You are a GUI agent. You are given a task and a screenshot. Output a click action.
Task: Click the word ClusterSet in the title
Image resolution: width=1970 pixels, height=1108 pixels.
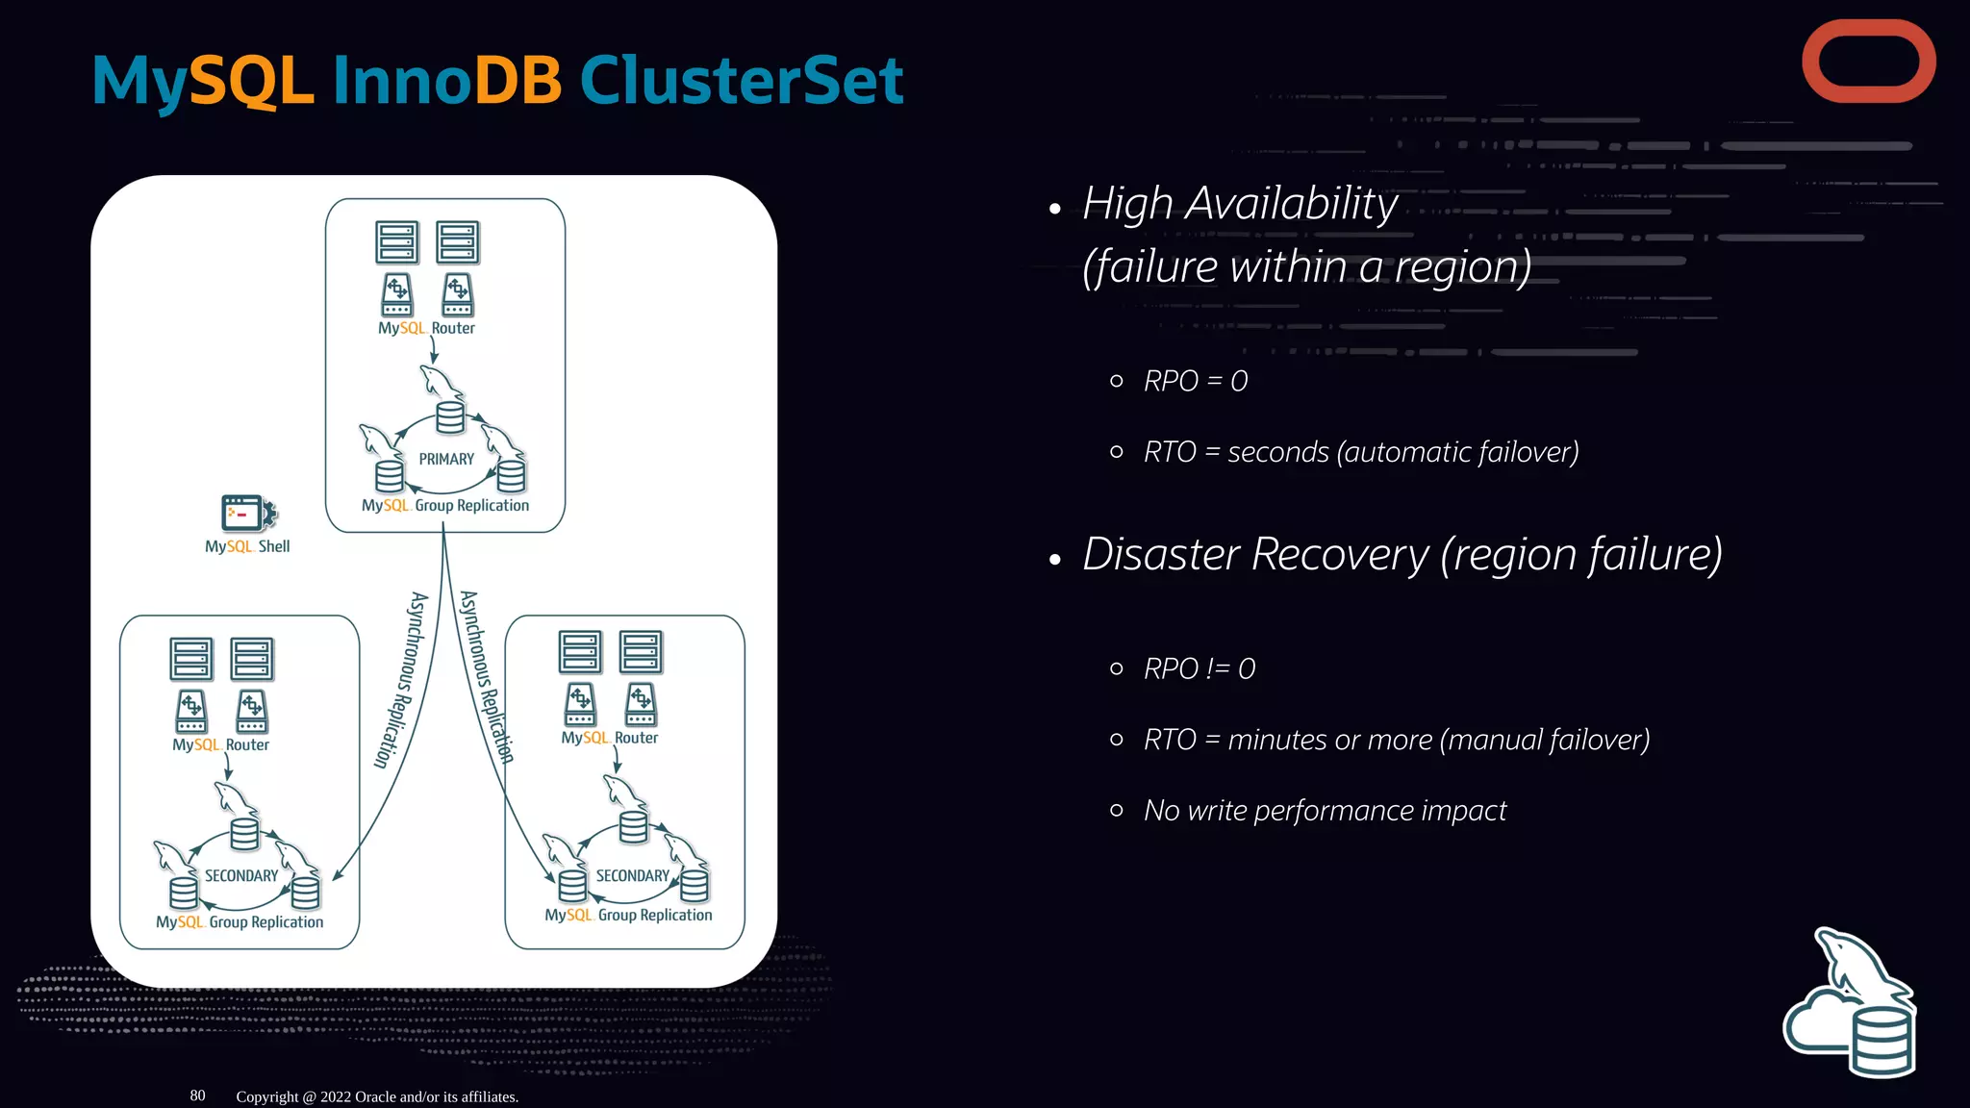(x=741, y=81)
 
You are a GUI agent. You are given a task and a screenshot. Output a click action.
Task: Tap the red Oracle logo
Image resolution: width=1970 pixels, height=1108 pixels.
(x=1868, y=62)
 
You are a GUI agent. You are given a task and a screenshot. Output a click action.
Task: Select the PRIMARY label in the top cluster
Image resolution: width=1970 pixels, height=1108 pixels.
(x=446, y=460)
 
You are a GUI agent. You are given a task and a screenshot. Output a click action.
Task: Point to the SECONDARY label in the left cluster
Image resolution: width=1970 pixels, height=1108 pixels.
(x=240, y=876)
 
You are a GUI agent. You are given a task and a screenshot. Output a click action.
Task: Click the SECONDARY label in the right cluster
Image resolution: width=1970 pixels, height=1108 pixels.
(x=632, y=876)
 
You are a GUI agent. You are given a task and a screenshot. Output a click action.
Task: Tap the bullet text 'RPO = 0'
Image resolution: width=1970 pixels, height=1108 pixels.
(x=1196, y=382)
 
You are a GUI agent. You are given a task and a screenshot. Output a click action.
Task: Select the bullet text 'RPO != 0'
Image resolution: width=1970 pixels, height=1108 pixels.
(x=1200, y=669)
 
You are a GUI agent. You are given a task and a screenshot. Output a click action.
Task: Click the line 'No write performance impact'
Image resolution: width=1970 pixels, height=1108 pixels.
(x=1325, y=811)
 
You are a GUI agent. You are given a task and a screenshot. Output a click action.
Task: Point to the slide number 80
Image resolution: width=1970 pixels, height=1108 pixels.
(x=197, y=1095)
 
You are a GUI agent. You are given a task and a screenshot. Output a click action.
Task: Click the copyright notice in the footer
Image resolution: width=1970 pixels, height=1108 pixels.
(x=377, y=1096)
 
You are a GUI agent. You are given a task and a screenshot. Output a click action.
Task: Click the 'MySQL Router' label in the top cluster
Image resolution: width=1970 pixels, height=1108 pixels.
(x=426, y=328)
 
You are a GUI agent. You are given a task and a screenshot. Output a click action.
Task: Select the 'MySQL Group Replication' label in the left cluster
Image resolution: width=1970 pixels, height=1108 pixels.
(x=240, y=921)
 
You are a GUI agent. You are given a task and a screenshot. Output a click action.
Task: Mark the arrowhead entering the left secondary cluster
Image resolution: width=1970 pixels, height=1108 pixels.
(x=337, y=875)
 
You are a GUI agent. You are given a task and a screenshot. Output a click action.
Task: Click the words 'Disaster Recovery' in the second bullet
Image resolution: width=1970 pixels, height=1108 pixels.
(x=1256, y=555)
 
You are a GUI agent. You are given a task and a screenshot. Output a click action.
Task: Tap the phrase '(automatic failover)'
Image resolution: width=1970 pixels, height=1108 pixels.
(x=1457, y=452)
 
